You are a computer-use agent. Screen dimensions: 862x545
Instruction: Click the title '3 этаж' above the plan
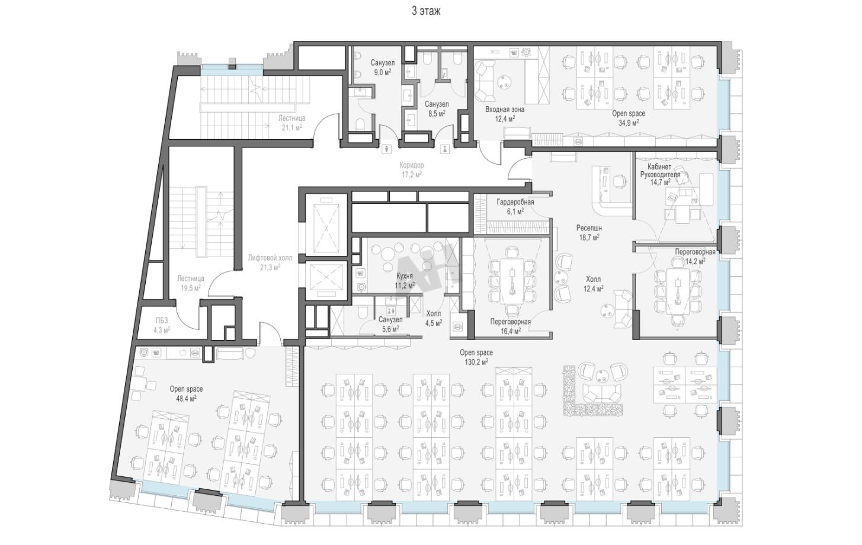pyautogui.click(x=426, y=11)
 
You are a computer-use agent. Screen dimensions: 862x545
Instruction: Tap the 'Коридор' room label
pyautogui.click(x=411, y=165)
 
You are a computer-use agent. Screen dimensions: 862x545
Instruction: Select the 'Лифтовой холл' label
pyautogui.click(x=270, y=258)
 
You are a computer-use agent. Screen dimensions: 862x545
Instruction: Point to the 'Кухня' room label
pyautogui.click(x=405, y=276)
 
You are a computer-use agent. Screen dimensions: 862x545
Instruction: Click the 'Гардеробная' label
pyautogui.click(x=515, y=202)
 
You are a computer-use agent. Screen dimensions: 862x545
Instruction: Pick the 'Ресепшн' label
pyautogui.click(x=589, y=228)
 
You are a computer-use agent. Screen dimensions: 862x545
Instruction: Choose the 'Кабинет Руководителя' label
pyautogui.click(x=659, y=171)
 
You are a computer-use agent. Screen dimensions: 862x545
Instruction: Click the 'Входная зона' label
pyautogui.click(x=505, y=110)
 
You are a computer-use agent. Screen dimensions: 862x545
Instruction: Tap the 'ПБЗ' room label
pyautogui.click(x=162, y=320)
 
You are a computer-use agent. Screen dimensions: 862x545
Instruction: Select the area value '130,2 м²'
pyautogui.click(x=476, y=361)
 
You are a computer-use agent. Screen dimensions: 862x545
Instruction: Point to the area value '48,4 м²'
pyautogui.click(x=186, y=398)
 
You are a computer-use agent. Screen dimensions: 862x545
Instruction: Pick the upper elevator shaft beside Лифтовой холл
pyautogui.click(x=326, y=225)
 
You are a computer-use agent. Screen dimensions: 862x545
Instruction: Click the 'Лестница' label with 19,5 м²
pyautogui.click(x=191, y=278)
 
